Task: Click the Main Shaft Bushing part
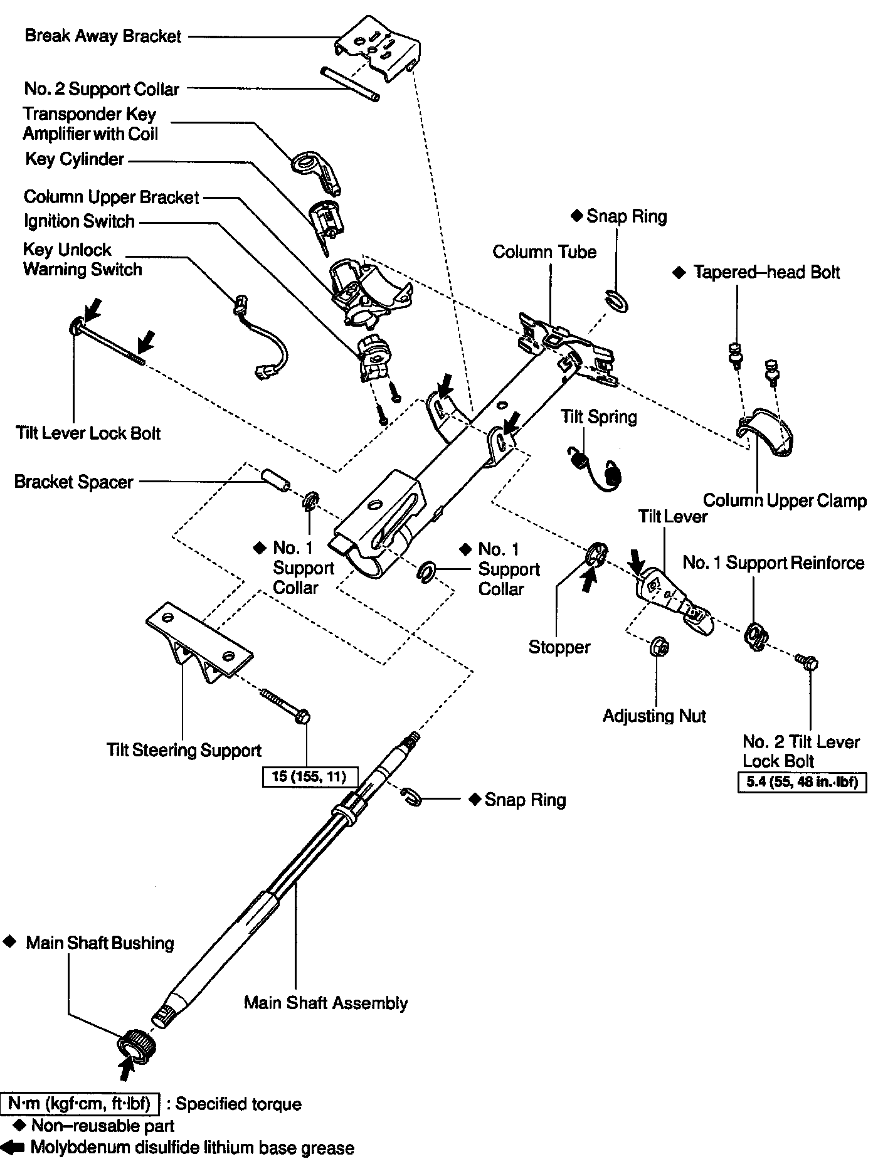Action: point(136,1045)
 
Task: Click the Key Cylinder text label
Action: point(75,159)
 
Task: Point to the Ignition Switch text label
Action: point(79,221)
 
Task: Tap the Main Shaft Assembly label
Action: point(325,1003)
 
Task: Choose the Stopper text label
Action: point(559,647)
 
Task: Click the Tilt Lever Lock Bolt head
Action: point(76,326)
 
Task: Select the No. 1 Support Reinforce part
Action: point(755,637)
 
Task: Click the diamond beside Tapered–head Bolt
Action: point(679,273)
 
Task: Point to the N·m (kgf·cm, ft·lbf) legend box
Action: point(80,1103)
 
